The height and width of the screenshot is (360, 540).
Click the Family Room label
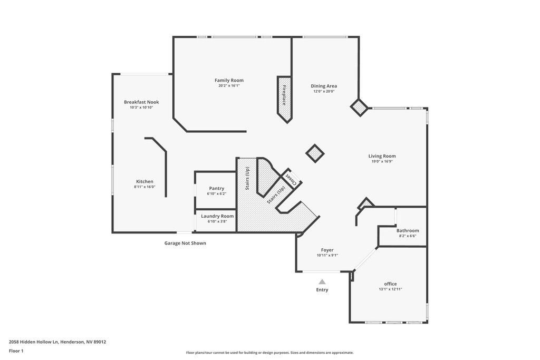229,80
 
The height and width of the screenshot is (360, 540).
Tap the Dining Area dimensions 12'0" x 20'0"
324,92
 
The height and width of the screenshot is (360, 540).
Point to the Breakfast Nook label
141,102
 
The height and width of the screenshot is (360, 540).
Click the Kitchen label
144,181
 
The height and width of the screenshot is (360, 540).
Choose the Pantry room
216,190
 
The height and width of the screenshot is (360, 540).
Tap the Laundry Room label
217,216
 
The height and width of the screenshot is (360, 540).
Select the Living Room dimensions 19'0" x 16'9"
382,161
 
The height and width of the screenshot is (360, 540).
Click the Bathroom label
408,230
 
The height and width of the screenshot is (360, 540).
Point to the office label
390,284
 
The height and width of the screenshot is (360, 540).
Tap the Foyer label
327,250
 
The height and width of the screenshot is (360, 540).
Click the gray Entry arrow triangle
322,282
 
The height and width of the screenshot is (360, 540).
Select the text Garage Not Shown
185,243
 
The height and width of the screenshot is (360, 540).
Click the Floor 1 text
16,351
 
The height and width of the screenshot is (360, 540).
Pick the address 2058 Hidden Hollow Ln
34,342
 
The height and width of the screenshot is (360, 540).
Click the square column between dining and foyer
315,153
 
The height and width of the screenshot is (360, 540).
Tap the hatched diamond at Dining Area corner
360,108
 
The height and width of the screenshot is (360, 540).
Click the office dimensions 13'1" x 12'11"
391,289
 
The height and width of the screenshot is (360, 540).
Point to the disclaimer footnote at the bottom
269,353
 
